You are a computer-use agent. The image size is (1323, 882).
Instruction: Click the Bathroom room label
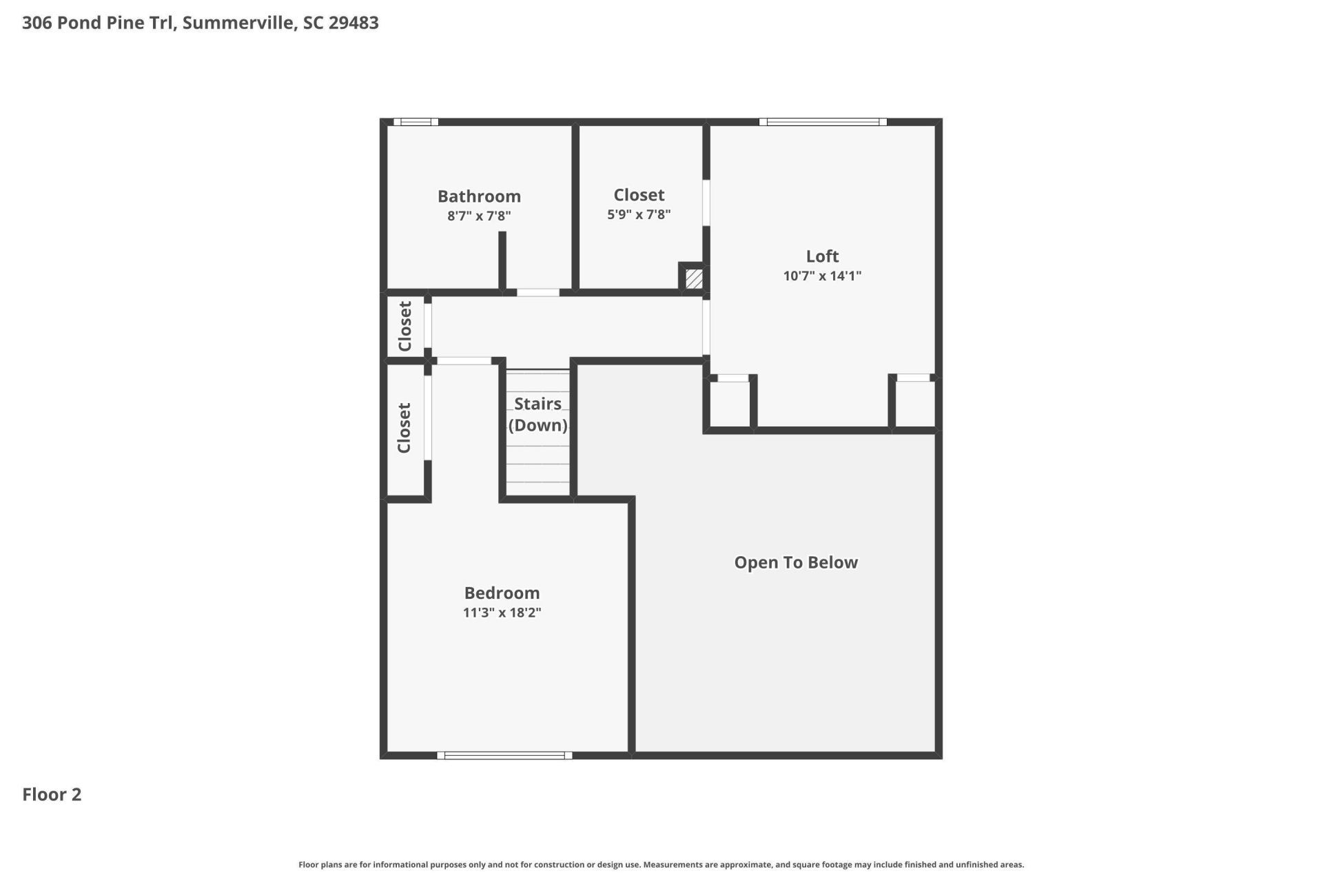[x=479, y=196]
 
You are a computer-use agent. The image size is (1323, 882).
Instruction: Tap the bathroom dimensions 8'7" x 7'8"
[x=479, y=216]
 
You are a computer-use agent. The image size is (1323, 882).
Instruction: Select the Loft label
[x=822, y=256]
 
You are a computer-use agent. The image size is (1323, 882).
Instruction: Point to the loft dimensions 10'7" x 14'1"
[x=822, y=276]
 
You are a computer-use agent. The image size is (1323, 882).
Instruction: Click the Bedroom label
[x=502, y=593]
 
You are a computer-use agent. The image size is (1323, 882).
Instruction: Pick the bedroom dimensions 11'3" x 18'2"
[x=502, y=613]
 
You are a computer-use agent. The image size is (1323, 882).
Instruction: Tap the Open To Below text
[x=796, y=563]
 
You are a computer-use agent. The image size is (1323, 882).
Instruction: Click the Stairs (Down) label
[x=537, y=414]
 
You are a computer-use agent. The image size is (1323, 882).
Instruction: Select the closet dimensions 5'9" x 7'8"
[x=639, y=214]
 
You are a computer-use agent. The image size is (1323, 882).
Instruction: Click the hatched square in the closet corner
[x=694, y=278]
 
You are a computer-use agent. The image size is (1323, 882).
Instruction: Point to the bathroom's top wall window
[x=416, y=122]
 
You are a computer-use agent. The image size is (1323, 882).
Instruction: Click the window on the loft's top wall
[x=823, y=122]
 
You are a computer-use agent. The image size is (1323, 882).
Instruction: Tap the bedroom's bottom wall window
[x=504, y=755]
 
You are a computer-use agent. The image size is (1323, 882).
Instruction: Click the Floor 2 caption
[x=52, y=794]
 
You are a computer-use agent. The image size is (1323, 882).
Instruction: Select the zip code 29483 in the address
[x=353, y=23]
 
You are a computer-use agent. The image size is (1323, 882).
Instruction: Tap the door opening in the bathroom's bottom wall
[x=537, y=292]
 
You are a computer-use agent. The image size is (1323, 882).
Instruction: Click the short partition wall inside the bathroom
[x=502, y=260]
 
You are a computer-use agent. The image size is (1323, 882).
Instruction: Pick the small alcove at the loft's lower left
[x=730, y=404]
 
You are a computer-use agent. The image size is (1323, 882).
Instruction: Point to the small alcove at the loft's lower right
[x=914, y=404]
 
